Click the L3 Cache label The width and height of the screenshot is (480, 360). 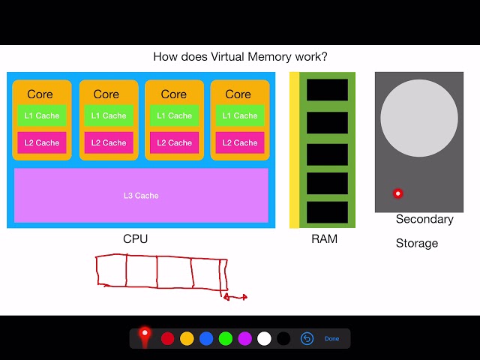point(141,196)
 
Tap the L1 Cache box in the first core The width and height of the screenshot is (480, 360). point(42,115)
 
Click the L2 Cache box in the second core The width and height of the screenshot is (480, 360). point(109,142)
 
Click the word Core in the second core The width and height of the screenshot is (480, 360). point(106,94)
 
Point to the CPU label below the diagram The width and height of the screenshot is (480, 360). point(136,239)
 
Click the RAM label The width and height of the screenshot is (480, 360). point(324,239)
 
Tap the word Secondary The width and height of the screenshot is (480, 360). point(424,219)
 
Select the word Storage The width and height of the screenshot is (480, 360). point(417,243)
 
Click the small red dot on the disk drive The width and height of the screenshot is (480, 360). point(398,193)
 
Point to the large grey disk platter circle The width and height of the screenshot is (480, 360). point(419,119)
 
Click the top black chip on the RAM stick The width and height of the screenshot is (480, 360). point(327,90)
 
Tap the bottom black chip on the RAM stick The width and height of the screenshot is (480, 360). point(327,212)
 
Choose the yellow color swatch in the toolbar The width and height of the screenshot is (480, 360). point(187,339)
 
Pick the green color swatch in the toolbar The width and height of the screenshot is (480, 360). point(225,339)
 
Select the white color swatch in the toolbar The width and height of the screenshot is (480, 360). point(264,339)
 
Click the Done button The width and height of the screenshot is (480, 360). point(331,339)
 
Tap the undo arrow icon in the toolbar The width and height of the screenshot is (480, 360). point(307,339)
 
